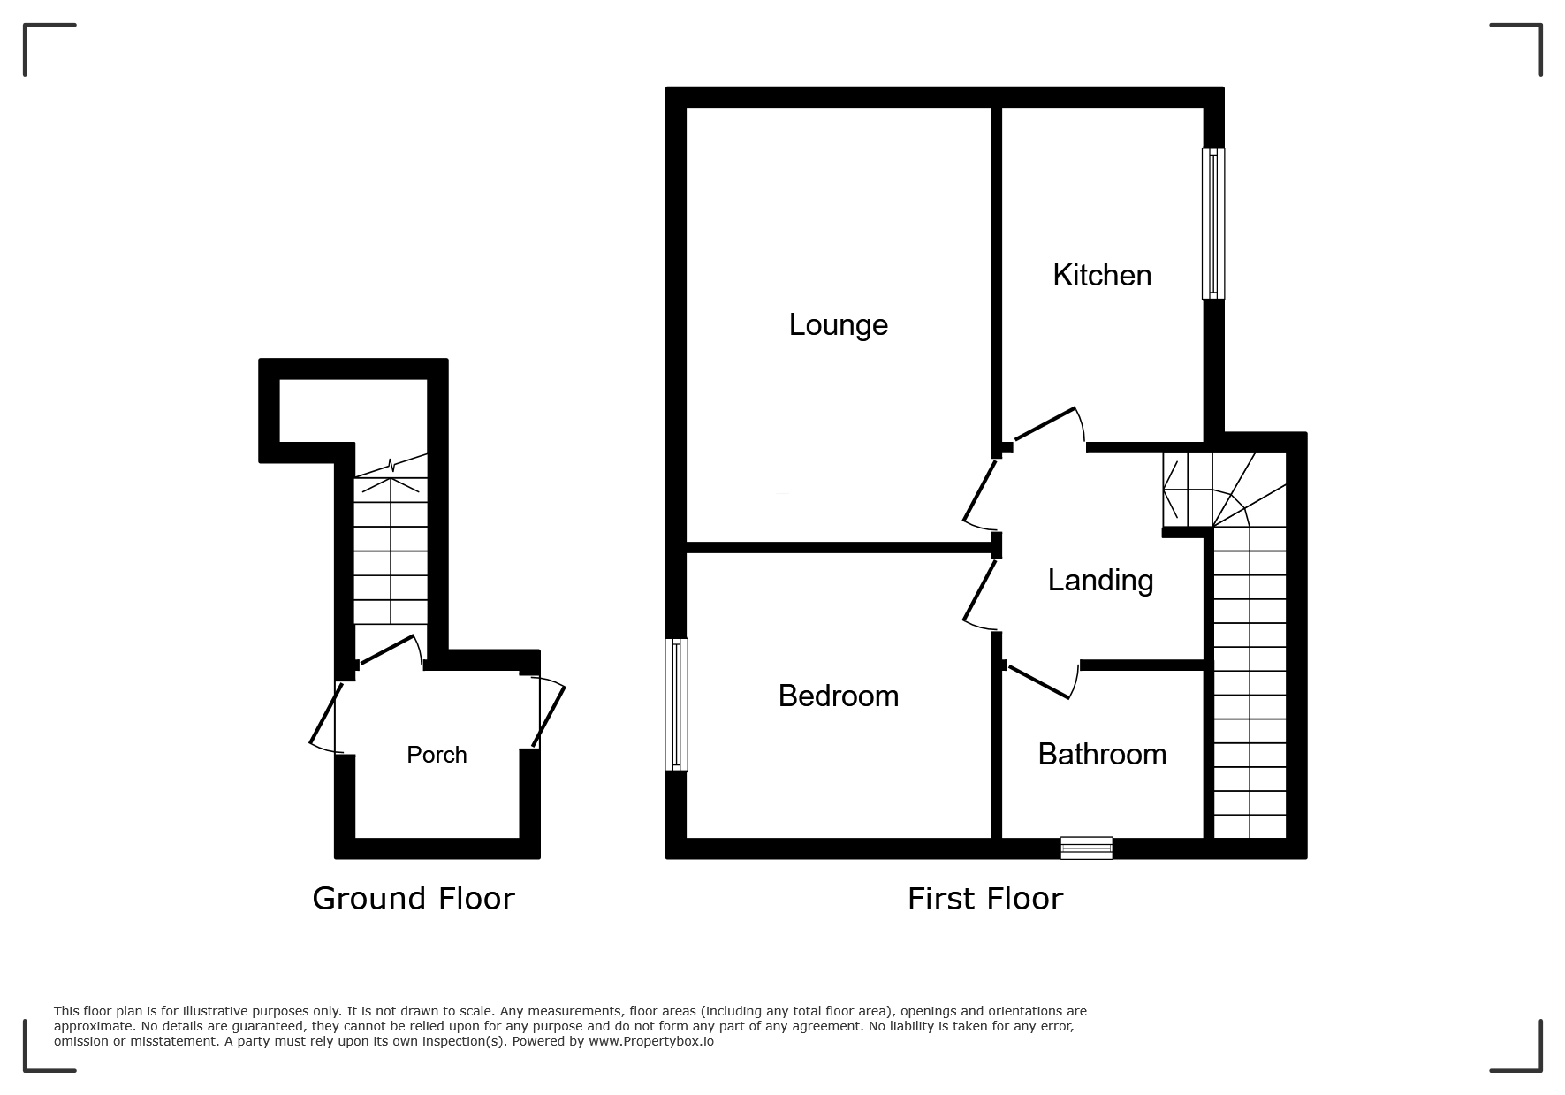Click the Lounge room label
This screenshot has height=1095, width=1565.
(x=838, y=325)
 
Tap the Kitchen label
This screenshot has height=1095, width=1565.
(x=1102, y=276)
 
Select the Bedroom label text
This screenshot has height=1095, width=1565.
(x=838, y=696)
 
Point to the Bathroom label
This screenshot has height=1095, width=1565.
(x=1102, y=755)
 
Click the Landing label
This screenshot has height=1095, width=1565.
(x=1100, y=581)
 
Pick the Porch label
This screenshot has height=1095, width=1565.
(x=437, y=755)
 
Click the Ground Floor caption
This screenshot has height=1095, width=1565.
(x=413, y=899)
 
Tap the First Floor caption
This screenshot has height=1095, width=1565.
(x=984, y=899)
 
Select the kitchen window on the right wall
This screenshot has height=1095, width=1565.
(x=1213, y=223)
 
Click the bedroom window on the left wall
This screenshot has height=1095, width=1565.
(x=677, y=704)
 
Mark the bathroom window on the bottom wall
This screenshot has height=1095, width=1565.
(x=1086, y=848)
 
